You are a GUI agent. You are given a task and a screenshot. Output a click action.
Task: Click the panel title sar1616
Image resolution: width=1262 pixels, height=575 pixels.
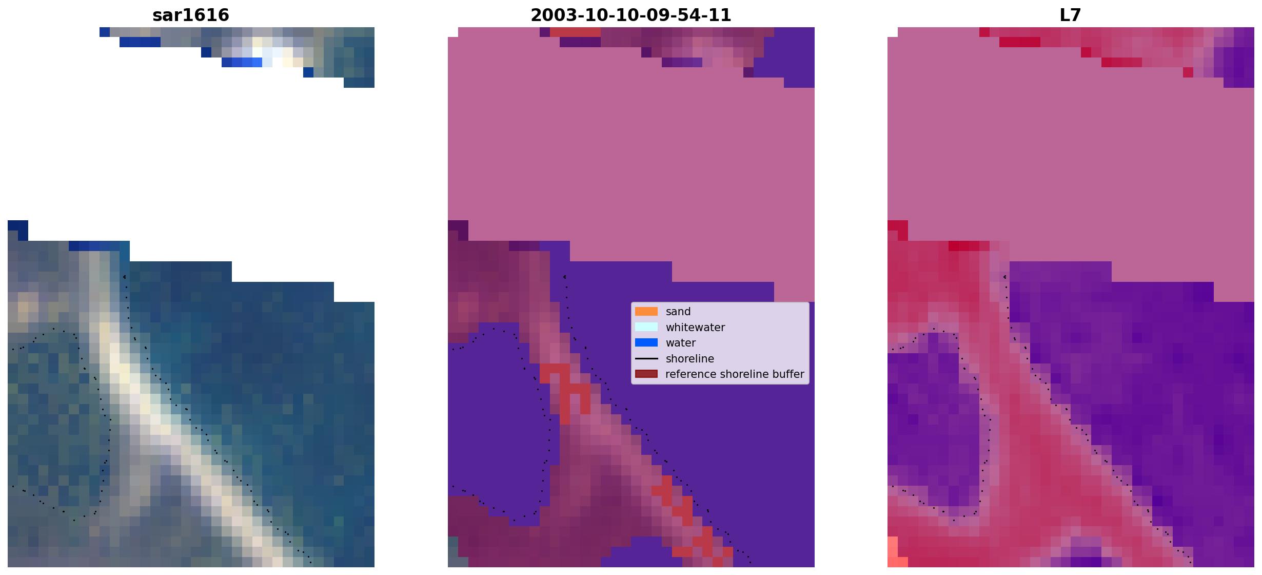[191, 15]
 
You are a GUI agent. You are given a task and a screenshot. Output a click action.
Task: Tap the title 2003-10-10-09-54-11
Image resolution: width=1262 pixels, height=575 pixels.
[630, 15]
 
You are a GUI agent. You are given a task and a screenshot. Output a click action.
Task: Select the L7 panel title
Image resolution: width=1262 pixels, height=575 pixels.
[1070, 15]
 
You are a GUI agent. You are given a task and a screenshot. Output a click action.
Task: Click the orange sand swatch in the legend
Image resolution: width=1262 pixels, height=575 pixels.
[646, 312]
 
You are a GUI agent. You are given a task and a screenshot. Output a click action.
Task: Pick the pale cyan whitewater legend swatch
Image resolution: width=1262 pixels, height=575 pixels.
[646, 327]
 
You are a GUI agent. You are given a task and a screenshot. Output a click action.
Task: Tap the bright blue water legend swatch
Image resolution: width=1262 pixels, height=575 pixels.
[646, 342]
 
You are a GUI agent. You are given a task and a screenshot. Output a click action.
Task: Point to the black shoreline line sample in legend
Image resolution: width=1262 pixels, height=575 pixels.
[646, 358]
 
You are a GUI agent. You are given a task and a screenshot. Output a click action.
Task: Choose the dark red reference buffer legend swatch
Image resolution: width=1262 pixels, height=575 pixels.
[646, 374]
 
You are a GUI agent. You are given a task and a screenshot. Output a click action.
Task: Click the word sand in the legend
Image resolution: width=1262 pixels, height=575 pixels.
[678, 312]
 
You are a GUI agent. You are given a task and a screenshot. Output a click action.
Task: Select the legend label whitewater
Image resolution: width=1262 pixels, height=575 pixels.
[695, 328]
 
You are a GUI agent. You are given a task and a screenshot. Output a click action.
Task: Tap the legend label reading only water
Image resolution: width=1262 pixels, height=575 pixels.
[681, 343]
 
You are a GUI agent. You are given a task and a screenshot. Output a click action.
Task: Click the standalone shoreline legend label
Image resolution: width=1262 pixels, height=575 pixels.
[689, 358]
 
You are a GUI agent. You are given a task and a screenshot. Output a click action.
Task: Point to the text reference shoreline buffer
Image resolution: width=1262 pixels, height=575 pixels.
[735, 374]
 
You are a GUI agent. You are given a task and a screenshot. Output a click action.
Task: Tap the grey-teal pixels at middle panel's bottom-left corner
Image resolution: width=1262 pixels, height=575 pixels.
[452, 552]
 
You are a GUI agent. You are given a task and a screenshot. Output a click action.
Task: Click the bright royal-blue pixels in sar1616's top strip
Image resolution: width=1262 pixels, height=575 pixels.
[242, 62]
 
